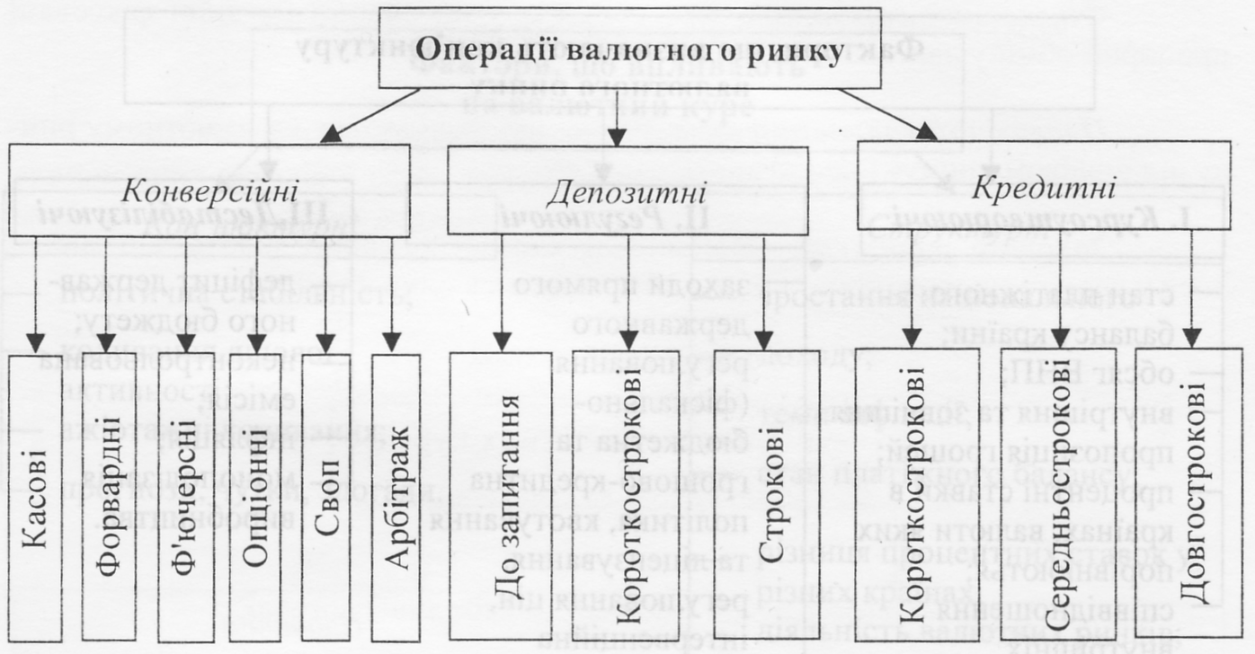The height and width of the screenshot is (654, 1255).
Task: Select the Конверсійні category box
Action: [210, 189]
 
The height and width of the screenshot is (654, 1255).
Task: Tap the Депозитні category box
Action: [627, 189]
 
